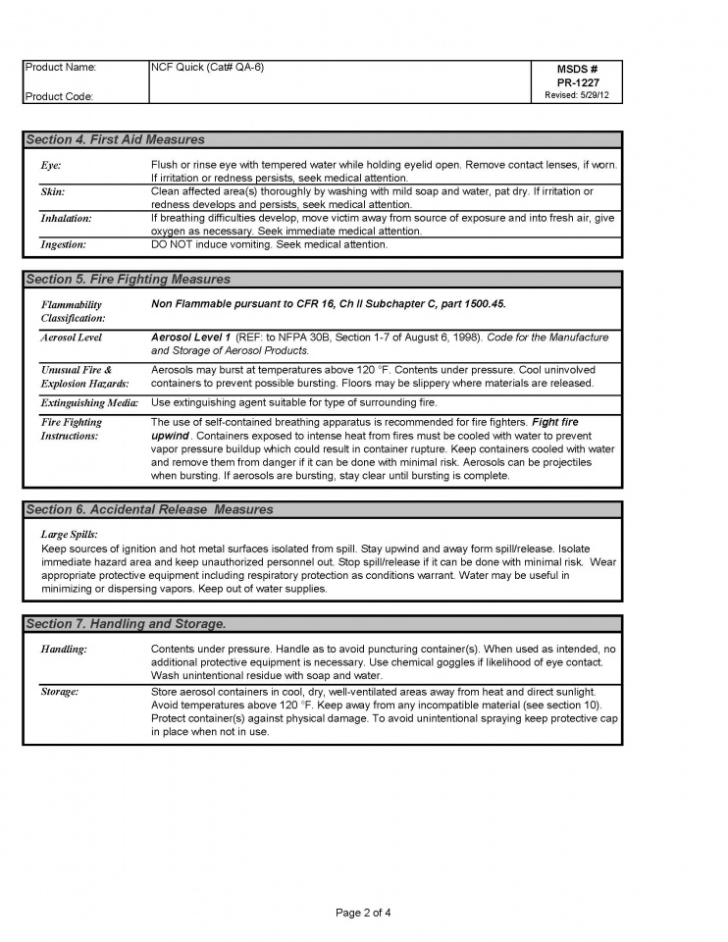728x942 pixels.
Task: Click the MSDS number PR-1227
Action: click(x=579, y=82)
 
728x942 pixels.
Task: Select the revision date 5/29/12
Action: click(x=579, y=95)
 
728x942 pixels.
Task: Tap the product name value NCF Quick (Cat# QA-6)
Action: click(x=207, y=68)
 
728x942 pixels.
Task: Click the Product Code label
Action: click(x=61, y=96)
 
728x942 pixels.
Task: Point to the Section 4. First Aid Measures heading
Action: click(x=115, y=139)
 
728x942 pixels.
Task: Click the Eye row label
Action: click(x=51, y=165)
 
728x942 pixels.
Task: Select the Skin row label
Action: click(x=53, y=191)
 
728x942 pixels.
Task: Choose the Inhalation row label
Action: click(x=66, y=218)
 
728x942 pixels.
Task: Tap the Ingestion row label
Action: click(x=63, y=243)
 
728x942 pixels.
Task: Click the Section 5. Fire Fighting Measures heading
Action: click(x=128, y=280)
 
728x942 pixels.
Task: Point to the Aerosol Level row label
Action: click(x=72, y=338)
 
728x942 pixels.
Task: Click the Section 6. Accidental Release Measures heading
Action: click(x=149, y=509)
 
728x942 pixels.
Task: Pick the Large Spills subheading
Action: click(x=70, y=534)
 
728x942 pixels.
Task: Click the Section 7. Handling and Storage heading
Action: click(x=126, y=624)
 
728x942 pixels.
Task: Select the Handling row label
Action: click(x=64, y=650)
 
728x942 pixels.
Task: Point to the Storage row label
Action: click(x=60, y=692)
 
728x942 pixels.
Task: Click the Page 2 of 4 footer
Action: click(x=364, y=913)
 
